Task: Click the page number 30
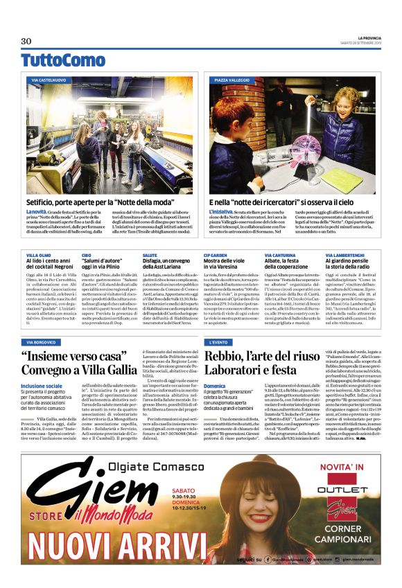click(26, 41)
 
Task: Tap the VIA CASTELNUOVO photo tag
click(49, 81)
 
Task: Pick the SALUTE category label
click(149, 256)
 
